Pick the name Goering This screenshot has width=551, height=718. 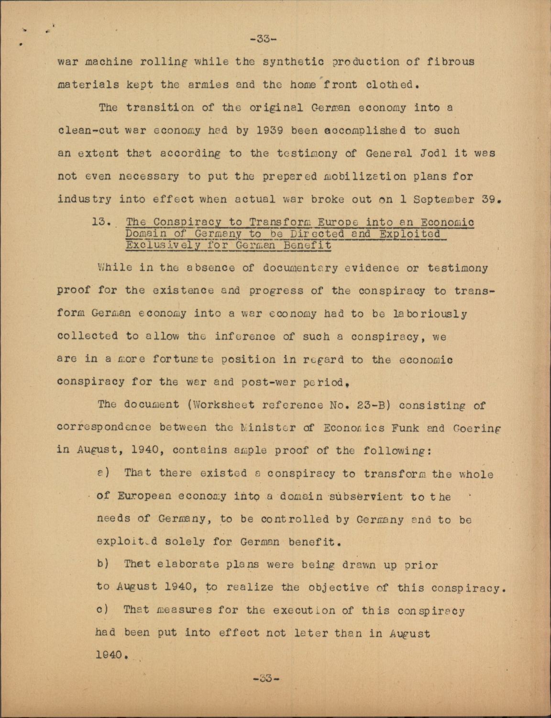(x=474, y=427)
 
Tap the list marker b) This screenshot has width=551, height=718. (x=103, y=564)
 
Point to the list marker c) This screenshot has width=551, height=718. (x=103, y=610)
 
